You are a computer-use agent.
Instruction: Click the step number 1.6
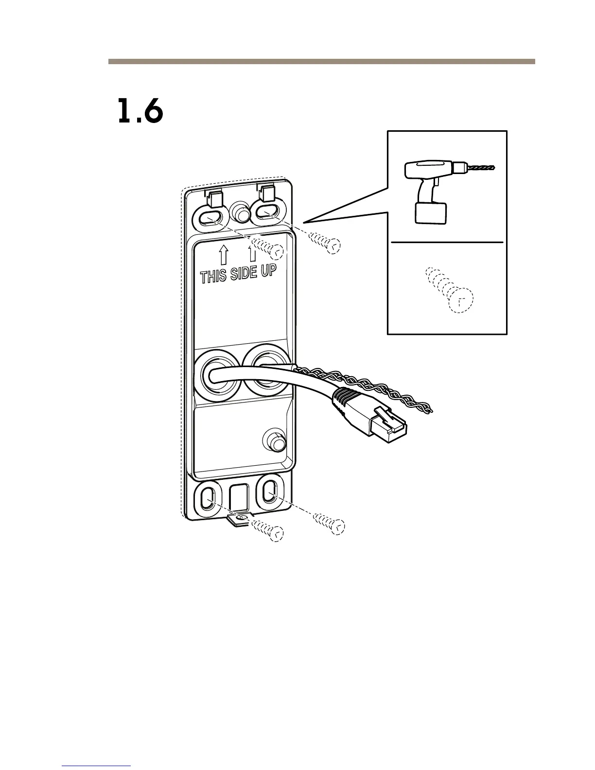140,112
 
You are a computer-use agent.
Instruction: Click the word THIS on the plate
213,276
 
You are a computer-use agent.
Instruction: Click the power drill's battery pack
430,213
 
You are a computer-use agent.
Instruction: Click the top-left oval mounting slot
210,216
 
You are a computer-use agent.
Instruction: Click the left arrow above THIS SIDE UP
223,253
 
